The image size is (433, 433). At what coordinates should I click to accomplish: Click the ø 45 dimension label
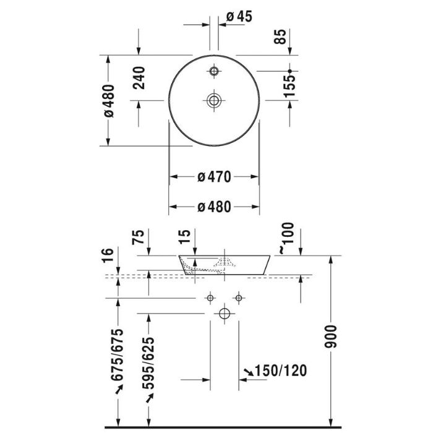click(x=239, y=17)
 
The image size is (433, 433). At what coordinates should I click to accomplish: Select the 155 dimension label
click(x=289, y=86)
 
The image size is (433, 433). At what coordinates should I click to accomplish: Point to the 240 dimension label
click(x=139, y=78)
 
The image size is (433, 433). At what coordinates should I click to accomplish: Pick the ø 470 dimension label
click(x=214, y=177)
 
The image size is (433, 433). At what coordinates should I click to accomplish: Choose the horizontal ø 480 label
click(x=214, y=207)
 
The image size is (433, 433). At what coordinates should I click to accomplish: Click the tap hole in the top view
click(x=214, y=71)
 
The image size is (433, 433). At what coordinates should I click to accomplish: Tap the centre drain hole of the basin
click(x=214, y=100)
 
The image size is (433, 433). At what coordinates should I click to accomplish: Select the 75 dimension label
click(x=139, y=237)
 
